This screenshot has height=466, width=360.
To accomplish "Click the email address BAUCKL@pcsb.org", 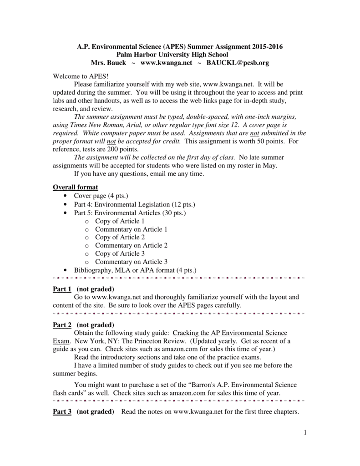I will (237, 63).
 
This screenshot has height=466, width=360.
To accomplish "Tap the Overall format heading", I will (76, 187).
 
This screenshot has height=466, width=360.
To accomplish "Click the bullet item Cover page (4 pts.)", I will (97, 196).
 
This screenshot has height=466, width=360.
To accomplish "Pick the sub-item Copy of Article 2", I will (120, 237).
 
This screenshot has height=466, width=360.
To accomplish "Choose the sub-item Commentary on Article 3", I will (131, 262).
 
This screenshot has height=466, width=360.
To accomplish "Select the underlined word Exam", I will (61, 341).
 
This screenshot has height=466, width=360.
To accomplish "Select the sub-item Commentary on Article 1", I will (131, 229).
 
